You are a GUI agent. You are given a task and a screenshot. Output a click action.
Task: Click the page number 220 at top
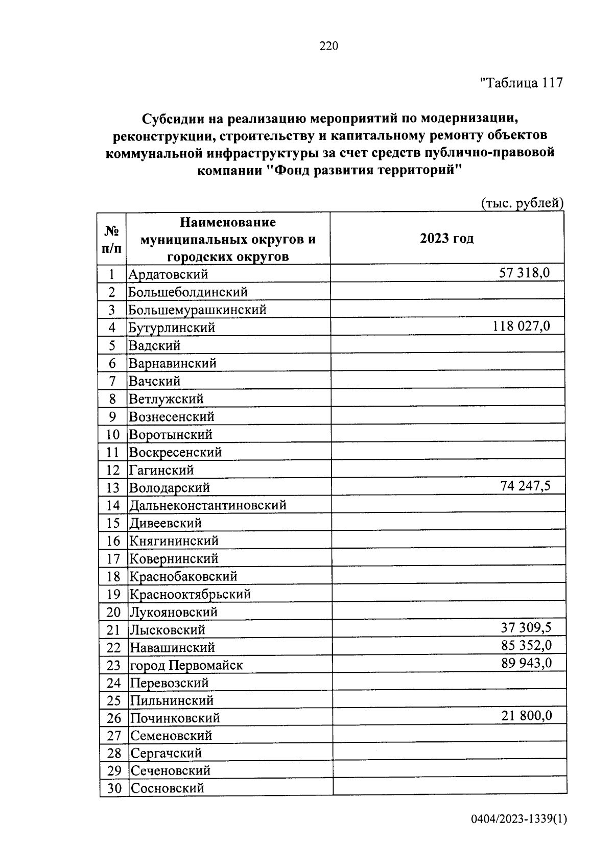329,46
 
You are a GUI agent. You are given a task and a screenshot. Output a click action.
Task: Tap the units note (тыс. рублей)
522,203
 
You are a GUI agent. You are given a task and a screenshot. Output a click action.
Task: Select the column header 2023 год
446,239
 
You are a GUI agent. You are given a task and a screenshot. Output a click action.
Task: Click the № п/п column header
112,239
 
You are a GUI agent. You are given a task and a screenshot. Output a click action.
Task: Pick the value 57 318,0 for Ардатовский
524,273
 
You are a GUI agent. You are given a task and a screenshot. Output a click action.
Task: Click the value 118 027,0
521,326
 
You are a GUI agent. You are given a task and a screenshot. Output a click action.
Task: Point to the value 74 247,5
525,486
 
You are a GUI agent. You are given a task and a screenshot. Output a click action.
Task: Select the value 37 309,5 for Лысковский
526,628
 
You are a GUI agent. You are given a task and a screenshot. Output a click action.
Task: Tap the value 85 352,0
526,646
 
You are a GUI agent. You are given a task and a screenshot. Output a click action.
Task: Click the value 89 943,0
526,663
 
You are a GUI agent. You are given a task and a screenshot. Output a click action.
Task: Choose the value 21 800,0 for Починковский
526,716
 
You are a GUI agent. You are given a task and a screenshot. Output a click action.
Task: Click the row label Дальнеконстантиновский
207,506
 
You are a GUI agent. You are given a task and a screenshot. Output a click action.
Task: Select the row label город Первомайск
186,666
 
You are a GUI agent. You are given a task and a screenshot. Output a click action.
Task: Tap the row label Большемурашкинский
197,310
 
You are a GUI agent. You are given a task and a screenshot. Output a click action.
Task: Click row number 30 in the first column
114,788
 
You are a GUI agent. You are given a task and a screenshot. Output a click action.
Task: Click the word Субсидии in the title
172,119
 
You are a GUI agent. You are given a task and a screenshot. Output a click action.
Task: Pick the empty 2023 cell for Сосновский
450,787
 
